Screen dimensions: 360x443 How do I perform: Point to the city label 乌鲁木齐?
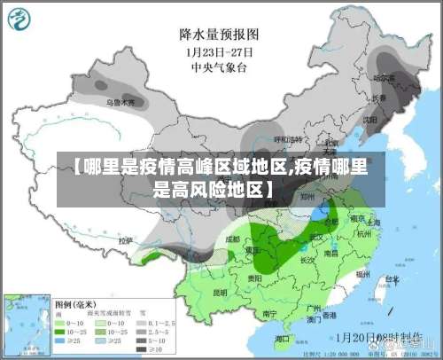(x=121, y=103)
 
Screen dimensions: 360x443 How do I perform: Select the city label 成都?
(x=233, y=239)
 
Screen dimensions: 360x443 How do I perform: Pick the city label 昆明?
(x=221, y=292)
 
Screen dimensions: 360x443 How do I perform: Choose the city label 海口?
(x=282, y=338)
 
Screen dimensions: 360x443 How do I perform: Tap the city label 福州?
(x=361, y=275)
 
